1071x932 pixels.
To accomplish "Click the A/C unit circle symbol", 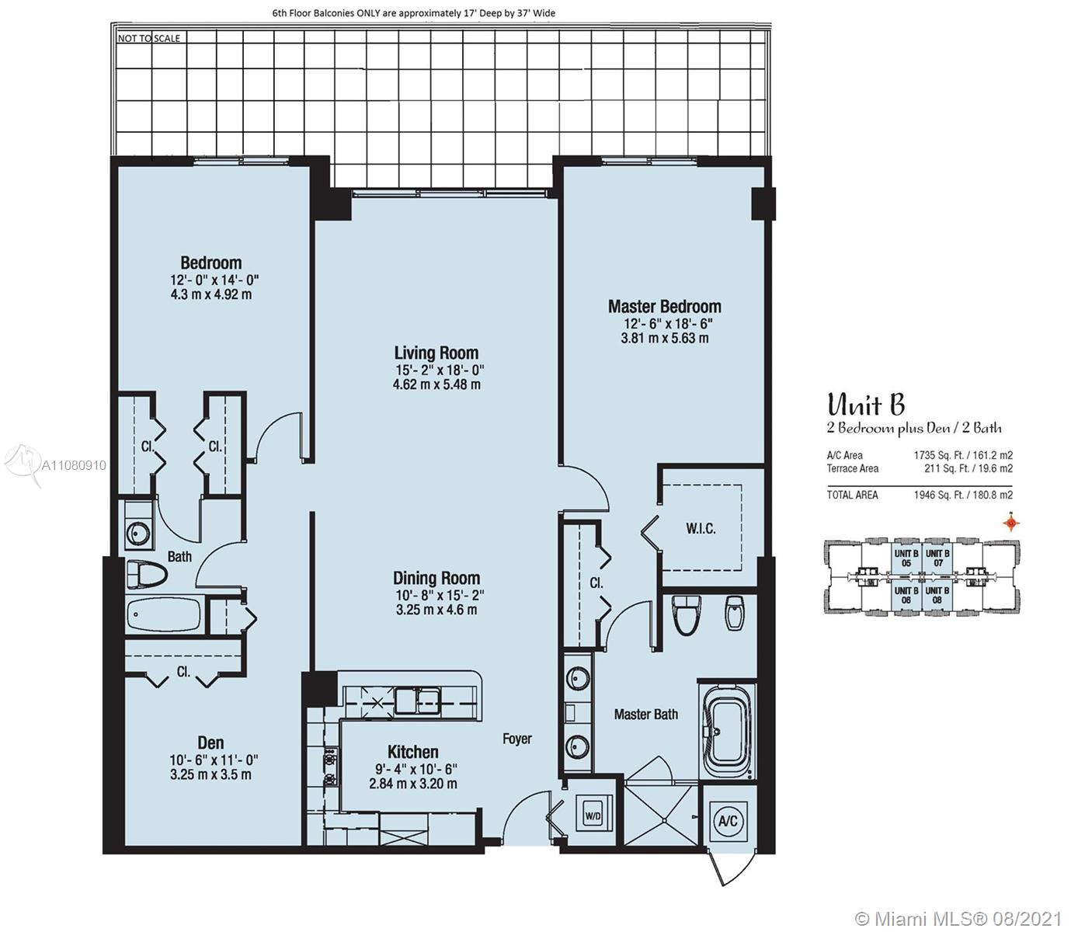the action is (x=728, y=820).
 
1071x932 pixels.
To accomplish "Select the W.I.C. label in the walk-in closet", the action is (x=701, y=528).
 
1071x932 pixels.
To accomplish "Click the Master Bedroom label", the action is (x=664, y=306).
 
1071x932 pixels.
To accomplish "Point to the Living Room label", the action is (x=436, y=353).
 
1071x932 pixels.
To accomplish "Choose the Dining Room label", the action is (x=436, y=578).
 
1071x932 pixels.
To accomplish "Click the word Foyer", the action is (x=517, y=739).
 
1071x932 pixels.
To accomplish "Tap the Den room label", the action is (x=210, y=742).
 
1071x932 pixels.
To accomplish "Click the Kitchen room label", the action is (x=413, y=752).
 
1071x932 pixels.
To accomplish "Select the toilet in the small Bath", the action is (x=146, y=574).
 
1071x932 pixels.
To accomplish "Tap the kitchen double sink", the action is (x=417, y=701).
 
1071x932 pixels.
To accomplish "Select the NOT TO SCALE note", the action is (x=148, y=38).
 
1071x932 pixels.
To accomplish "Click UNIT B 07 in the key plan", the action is (x=937, y=558).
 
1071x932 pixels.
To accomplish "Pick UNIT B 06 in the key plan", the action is (x=906, y=595).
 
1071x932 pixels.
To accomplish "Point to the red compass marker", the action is (x=1010, y=522).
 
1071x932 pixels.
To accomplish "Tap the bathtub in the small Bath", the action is (x=163, y=614).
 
